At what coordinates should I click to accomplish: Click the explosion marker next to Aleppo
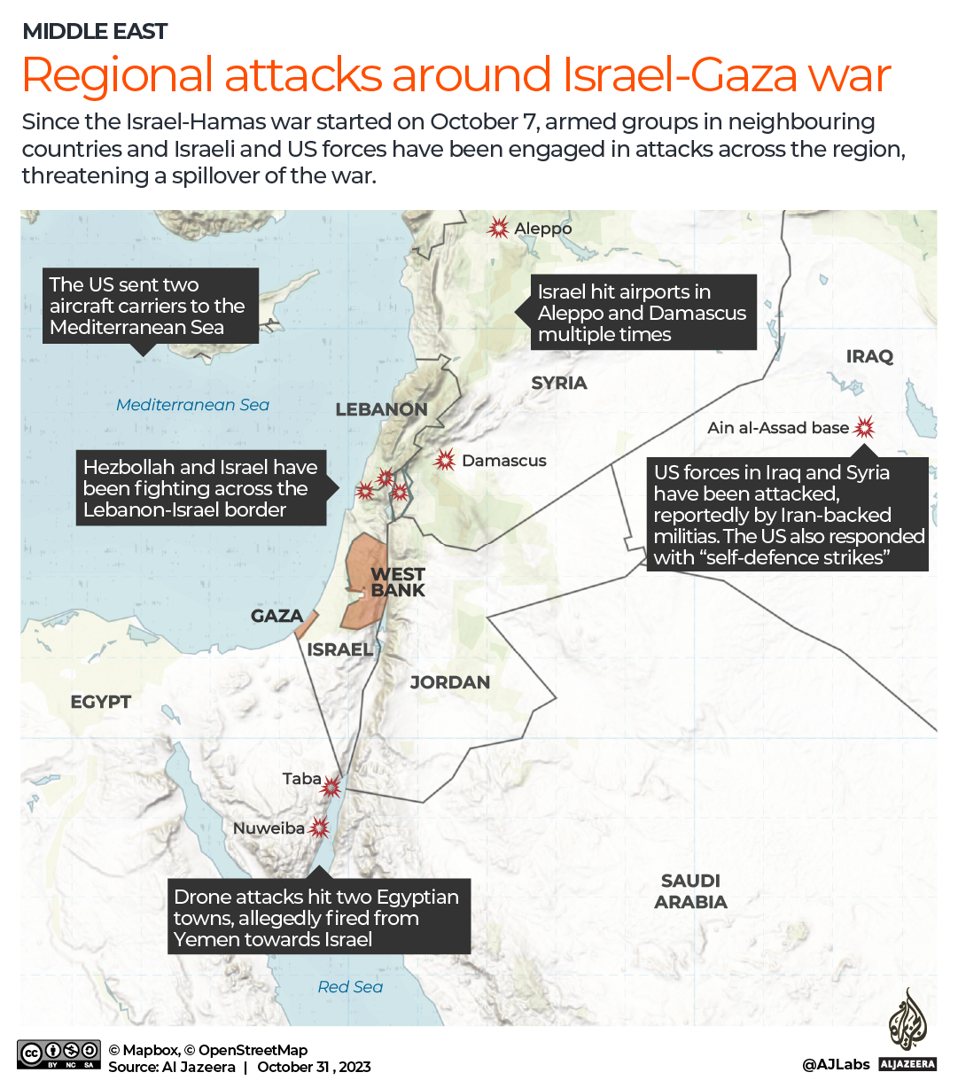(x=499, y=228)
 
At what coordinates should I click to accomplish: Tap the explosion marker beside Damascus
(x=445, y=460)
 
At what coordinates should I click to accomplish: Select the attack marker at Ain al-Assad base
(x=864, y=428)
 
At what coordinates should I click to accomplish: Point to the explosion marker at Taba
(x=331, y=786)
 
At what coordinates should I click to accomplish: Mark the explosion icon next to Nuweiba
(x=319, y=828)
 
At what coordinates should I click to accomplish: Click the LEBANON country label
(x=381, y=409)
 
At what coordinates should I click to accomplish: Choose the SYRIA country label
(x=559, y=383)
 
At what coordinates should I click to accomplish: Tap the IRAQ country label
(x=869, y=356)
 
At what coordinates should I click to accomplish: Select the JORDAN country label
(x=449, y=682)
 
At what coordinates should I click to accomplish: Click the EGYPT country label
(x=101, y=702)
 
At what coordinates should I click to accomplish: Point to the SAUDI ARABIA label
(x=690, y=891)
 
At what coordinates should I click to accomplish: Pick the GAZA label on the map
(x=276, y=616)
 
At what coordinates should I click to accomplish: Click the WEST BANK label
(x=398, y=582)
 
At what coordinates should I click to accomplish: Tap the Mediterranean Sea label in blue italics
(x=192, y=405)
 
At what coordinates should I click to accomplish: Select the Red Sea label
(x=350, y=987)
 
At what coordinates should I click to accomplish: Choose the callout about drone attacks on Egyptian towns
(x=318, y=918)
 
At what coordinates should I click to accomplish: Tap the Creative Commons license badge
(x=58, y=1054)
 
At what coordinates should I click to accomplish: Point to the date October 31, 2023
(x=314, y=1067)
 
